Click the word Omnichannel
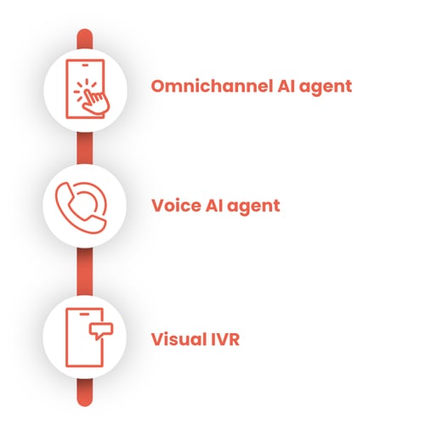coord(212,86)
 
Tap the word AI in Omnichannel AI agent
coord(286,86)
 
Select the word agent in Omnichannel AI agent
coord(326,88)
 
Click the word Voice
coord(177,206)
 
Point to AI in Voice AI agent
coord(214,206)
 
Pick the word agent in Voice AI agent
coord(253,207)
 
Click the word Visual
coord(178,339)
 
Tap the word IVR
coord(225,339)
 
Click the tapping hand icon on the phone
coord(95,102)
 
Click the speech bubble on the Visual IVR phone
coord(101,331)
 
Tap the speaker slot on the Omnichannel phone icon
coord(85,65)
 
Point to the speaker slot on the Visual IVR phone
coord(84,314)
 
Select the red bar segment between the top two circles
coord(85,148)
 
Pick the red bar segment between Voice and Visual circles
coord(85,272)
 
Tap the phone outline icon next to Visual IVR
coord(84,337)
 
